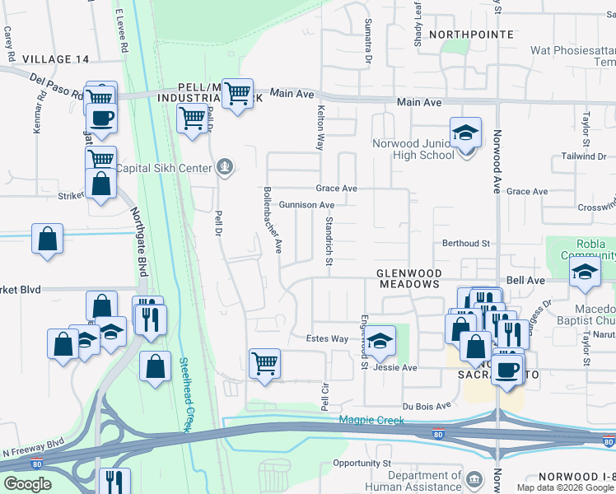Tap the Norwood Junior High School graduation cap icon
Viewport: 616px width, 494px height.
point(465,132)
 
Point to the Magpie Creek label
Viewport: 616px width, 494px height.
point(372,421)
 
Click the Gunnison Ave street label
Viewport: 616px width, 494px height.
point(306,205)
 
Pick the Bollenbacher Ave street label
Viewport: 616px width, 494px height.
point(273,220)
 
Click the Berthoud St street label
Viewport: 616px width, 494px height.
point(466,244)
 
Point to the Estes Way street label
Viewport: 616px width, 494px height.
point(328,338)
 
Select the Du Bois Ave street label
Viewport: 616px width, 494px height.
point(427,406)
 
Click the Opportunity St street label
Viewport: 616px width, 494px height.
point(362,464)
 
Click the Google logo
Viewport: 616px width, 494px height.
point(27,483)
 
